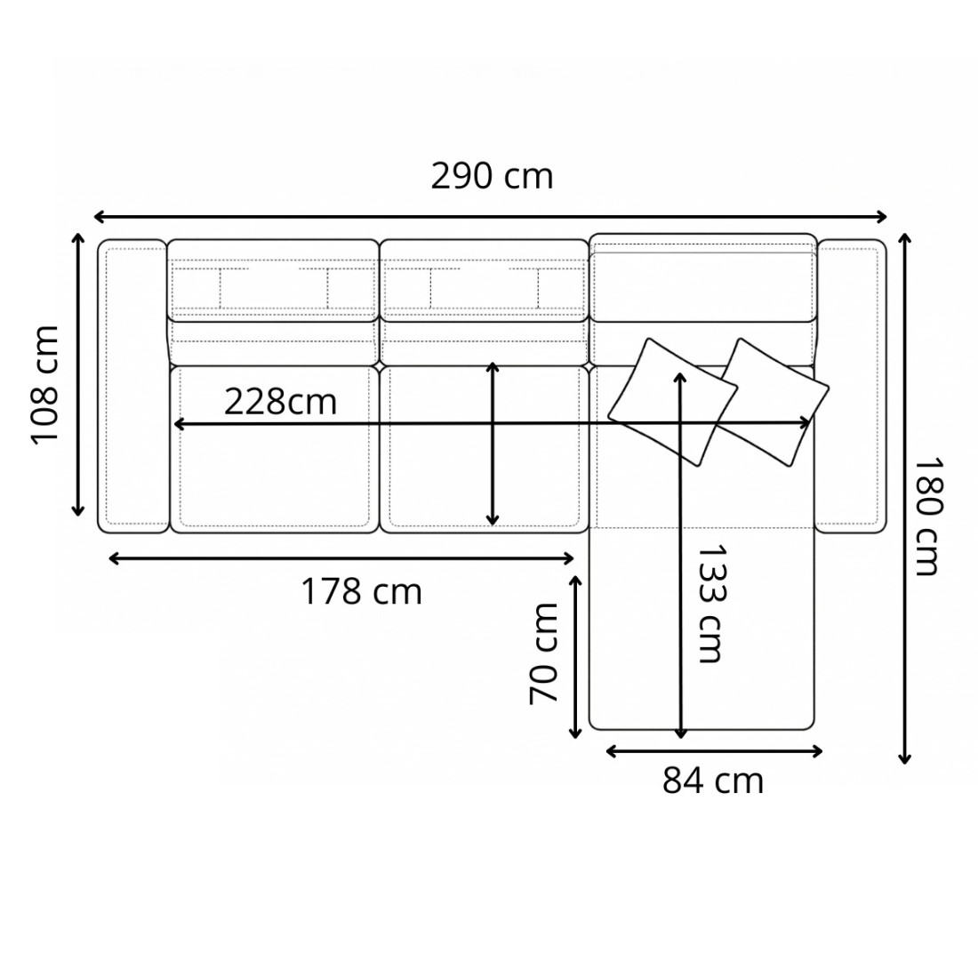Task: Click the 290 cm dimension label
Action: point(492,177)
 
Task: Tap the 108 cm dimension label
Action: point(45,385)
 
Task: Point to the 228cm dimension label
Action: point(280,402)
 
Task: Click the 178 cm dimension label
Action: point(361,591)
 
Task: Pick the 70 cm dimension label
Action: point(542,653)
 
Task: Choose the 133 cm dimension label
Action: point(711,604)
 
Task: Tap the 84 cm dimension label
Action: point(713,781)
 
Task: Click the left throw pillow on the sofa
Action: point(672,402)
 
